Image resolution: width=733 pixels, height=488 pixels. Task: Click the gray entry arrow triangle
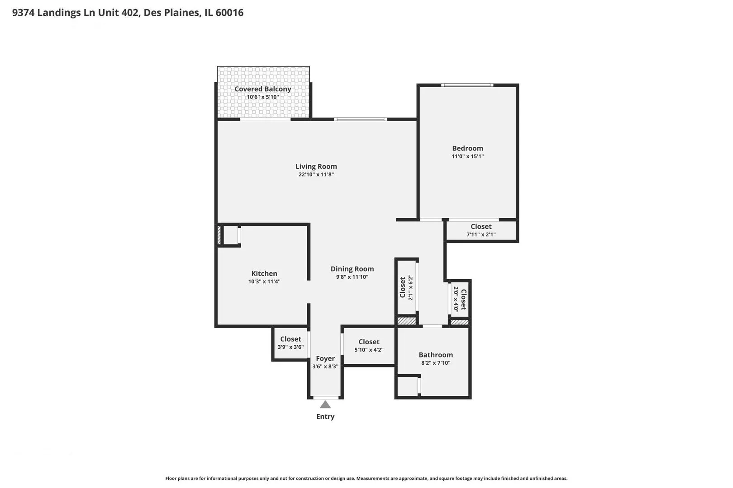click(325, 405)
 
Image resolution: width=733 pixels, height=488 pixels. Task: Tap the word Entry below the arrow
click(325, 417)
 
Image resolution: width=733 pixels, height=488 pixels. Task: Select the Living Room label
click(316, 166)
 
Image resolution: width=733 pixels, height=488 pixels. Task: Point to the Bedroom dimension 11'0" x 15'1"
click(467, 156)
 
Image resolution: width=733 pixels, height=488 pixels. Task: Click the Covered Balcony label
click(263, 89)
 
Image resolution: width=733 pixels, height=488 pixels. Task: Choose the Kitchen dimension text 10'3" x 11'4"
click(264, 282)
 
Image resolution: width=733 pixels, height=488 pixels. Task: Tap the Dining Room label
click(352, 269)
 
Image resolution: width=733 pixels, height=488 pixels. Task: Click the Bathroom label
click(436, 355)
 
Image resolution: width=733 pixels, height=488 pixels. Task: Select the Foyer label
click(325, 359)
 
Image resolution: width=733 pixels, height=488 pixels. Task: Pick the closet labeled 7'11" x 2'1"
click(481, 230)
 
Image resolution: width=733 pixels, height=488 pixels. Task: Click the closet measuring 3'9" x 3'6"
click(290, 343)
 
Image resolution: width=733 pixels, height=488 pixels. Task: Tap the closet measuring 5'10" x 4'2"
click(369, 346)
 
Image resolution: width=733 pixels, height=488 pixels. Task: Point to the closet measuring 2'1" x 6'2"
click(406, 287)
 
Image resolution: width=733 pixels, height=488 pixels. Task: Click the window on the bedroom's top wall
click(467, 85)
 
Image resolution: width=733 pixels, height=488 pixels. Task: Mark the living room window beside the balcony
click(360, 119)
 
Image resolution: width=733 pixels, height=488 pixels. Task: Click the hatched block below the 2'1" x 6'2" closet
click(406, 321)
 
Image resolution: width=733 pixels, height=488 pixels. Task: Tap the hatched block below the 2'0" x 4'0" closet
click(460, 322)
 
